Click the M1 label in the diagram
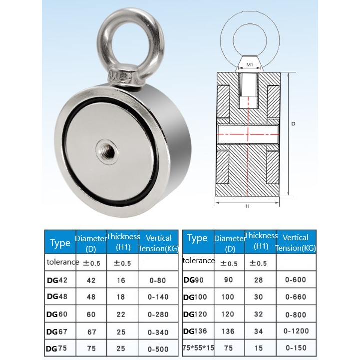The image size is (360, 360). pyautogui.click(x=248, y=64)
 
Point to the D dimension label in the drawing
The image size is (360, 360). pyautogui.click(x=294, y=123)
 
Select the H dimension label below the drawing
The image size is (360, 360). pyautogui.click(x=248, y=206)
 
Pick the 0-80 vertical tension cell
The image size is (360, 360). pyautogui.click(x=158, y=280)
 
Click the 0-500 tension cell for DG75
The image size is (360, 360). pyautogui.click(x=158, y=349)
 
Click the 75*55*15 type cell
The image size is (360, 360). pyautogui.click(x=198, y=348)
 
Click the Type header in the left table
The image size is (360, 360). pyautogui.click(x=60, y=243)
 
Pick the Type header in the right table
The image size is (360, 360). pyautogui.click(x=197, y=239)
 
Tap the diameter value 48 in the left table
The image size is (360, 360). pyautogui.click(x=90, y=297)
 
